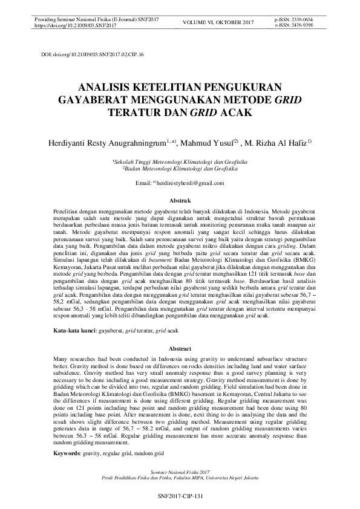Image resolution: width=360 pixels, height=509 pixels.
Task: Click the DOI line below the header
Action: [x=93, y=54]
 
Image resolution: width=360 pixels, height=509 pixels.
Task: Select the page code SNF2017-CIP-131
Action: [x=179, y=495]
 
